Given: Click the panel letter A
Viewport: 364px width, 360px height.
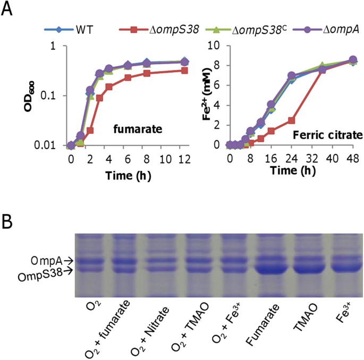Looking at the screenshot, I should [9, 10].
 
